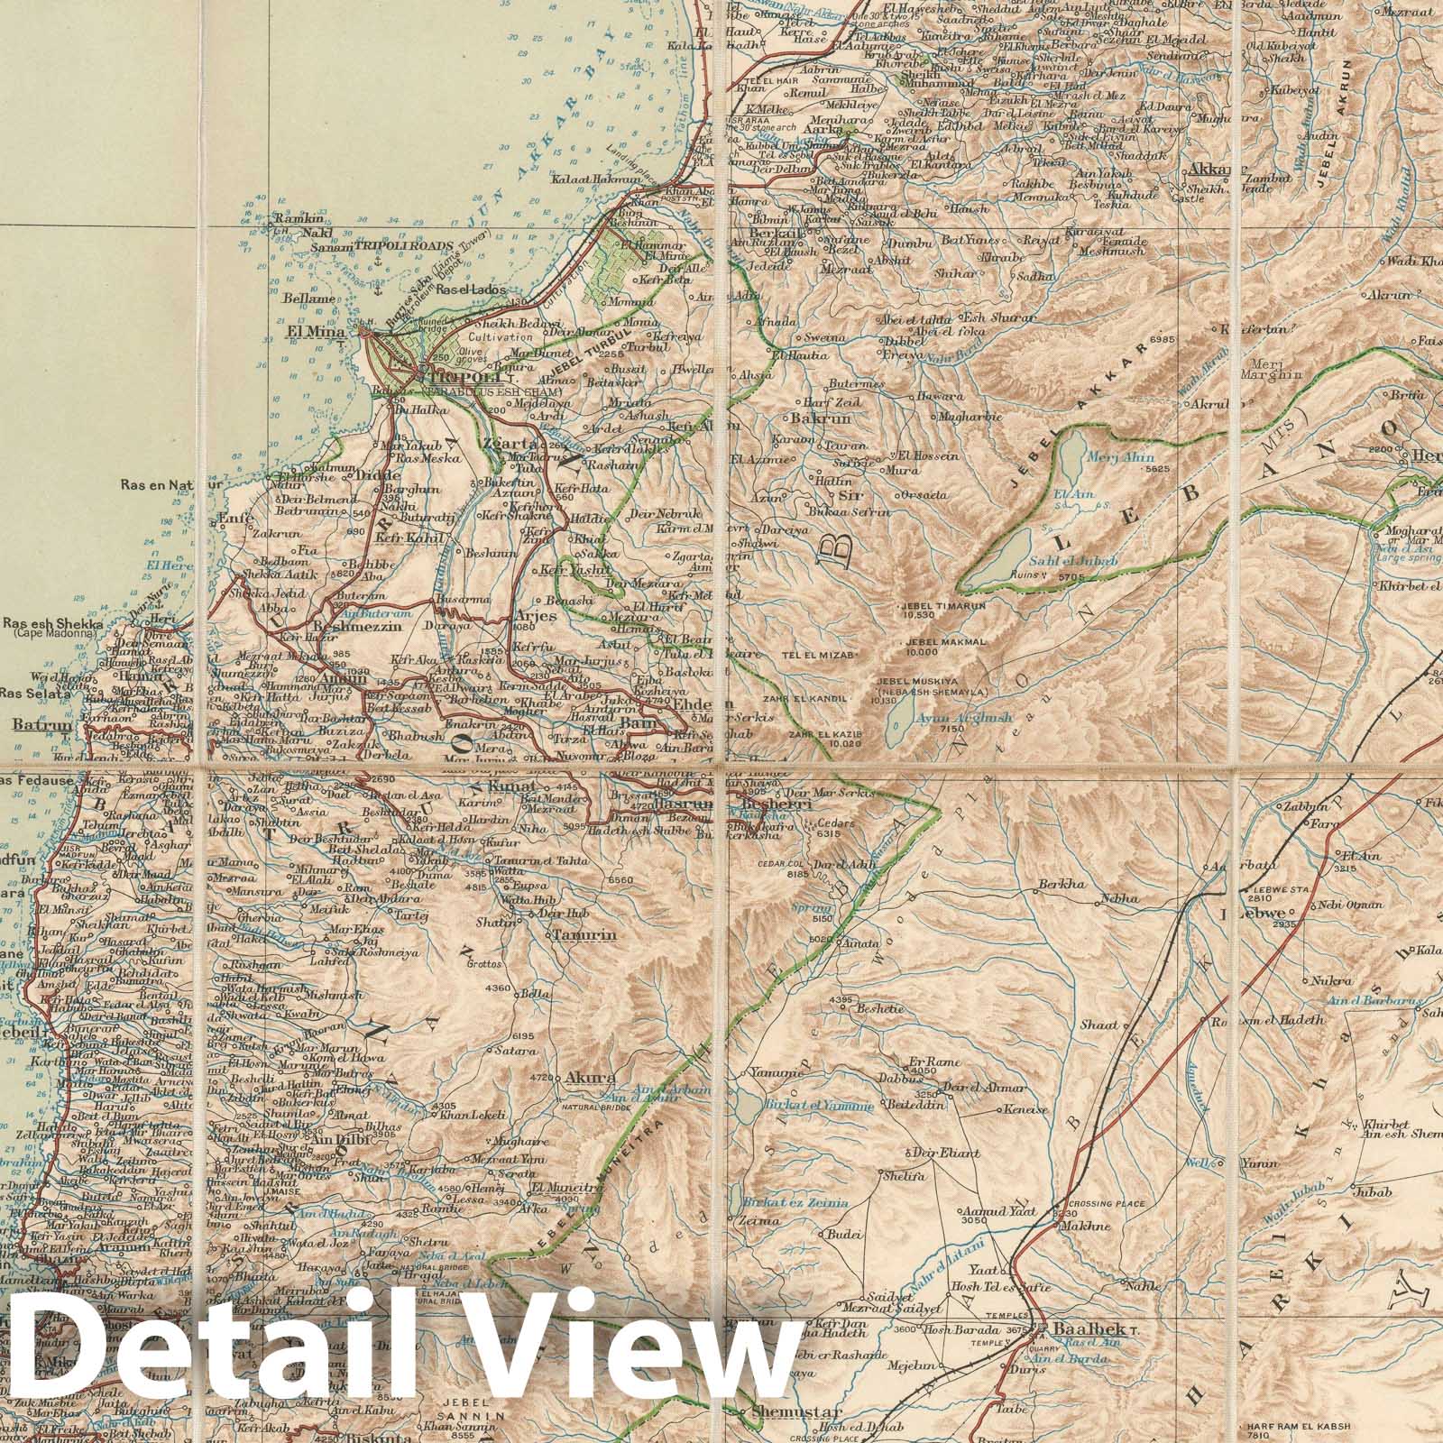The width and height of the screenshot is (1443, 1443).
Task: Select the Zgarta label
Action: pyautogui.click(x=510, y=443)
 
